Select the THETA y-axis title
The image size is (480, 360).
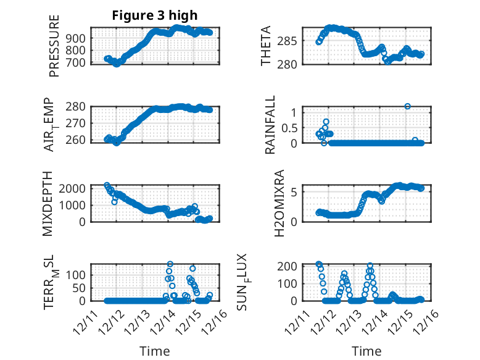click(266, 46)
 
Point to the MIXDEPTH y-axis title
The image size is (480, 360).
click(48, 203)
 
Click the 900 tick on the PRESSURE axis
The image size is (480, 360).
click(78, 38)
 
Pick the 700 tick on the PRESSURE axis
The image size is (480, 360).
click(78, 62)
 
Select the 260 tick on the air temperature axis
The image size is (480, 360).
click(78, 140)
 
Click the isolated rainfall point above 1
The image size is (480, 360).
click(407, 106)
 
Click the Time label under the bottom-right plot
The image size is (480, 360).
click(366, 351)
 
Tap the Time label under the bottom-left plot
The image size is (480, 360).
click(155, 351)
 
